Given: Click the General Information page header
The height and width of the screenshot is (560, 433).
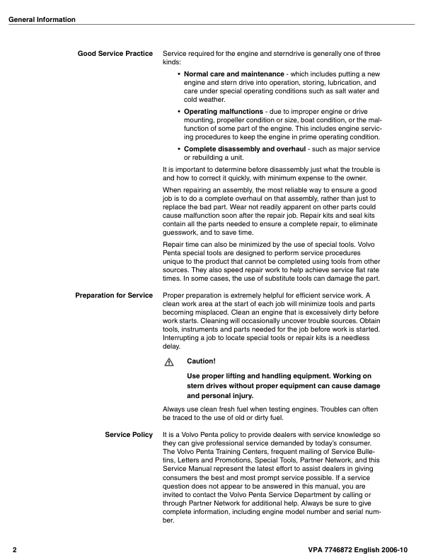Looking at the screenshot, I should [42, 19].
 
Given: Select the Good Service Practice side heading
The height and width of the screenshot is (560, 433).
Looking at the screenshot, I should [115, 54].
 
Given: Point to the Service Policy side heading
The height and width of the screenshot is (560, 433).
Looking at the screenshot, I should [129, 434].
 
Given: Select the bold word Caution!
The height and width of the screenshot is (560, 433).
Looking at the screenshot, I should [201, 361].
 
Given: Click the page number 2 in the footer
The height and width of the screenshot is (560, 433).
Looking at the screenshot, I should [14, 549].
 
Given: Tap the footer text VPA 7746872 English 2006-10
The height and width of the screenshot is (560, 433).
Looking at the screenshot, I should [363, 549].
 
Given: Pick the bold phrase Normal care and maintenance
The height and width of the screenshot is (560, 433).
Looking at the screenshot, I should [233, 74].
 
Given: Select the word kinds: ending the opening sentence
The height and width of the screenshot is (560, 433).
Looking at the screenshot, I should [172, 62].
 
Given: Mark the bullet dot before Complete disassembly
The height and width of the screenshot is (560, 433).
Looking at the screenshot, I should [178, 149].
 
